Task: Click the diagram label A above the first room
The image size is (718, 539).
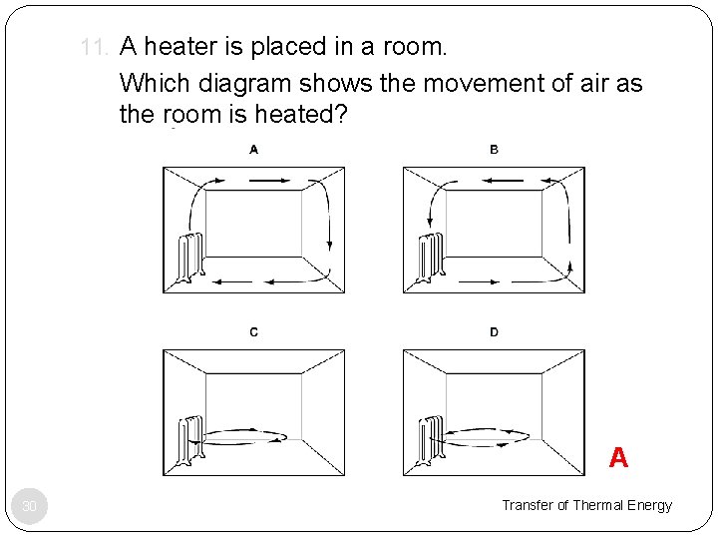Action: click(254, 150)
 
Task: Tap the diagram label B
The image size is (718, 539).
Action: click(495, 150)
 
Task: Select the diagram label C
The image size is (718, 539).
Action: click(254, 332)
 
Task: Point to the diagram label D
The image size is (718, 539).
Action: click(495, 332)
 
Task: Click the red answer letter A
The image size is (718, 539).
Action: click(618, 457)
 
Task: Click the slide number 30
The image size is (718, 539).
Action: click(30, 508)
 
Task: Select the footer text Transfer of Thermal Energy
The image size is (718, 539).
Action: click(586, 505)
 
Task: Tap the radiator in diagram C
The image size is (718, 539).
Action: click(190, 439)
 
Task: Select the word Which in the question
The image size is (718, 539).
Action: click(151, 83)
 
